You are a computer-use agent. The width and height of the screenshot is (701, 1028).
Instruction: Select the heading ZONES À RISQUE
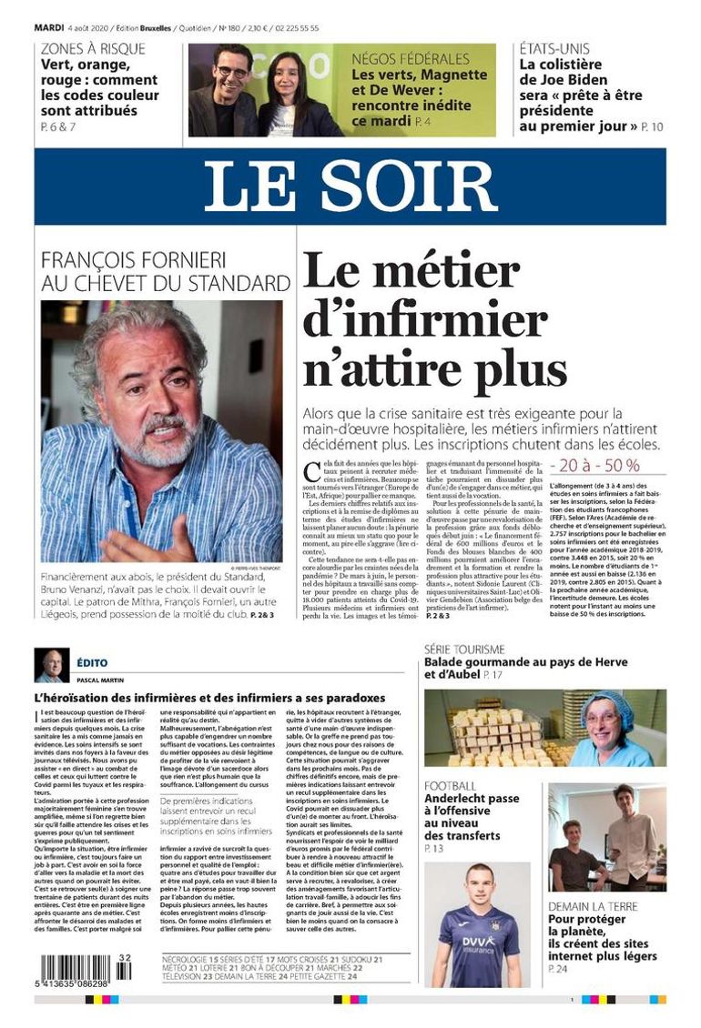[x=93, y=49]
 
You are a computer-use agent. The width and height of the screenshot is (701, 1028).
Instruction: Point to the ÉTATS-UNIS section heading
[x=554, y=49]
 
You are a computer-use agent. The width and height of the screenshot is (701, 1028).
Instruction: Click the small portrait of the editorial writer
[x=51, y=665]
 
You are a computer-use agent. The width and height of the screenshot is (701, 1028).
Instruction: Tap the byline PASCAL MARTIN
[x=100, y=680]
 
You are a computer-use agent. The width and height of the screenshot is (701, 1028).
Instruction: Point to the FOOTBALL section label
[x=450, y=786]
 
